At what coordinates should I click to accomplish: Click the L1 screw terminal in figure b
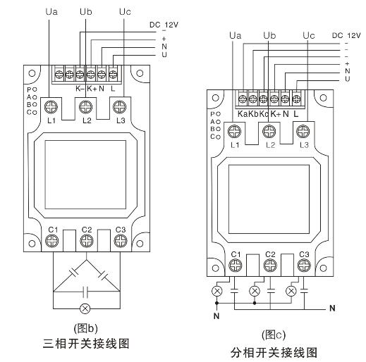pyautogui.click(x=51, y=107)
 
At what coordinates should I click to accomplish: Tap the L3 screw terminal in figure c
pyautogui.click(x=303, y=132)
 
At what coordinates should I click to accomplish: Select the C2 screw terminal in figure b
pyautogui.click(x=87, y=241)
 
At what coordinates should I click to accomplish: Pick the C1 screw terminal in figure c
pyautogui.click(x=236, y=266)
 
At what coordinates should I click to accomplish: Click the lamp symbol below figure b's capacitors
pyautogui.click(x=85, y=308)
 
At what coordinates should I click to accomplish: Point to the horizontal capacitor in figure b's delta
pyautogui.click(x=86, y=292)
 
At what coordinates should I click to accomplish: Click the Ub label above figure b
pyautogui.click(x=86, y=11)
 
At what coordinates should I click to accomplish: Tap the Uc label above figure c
pyautogui.click(x=309, y=35)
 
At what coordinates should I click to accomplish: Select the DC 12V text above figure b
pyautogui.click(x=164, y=25)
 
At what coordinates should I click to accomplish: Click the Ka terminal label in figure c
pyautogui.click(x=243, y=114)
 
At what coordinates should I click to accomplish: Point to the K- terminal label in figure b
pyautogui.click(x=80, y=89)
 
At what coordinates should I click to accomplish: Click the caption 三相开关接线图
pyautogui.click(x=86, y=344)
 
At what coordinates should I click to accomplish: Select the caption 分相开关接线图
pyautogui.click(x=274, y=353)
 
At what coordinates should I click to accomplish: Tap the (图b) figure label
pyautogui.click(x=86, y=328)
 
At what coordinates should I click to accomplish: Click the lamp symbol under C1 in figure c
pyautogui.click(x=216, y=291)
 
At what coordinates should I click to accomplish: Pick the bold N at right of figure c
pyautogui.click(x=332, y=308)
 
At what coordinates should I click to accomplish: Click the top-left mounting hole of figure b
pyautogui.click(x=32, y=73)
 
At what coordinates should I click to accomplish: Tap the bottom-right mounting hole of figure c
pyautogui.click(x=324, y=268)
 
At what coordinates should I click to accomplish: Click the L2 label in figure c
pyautogui.click(x=270, y=145)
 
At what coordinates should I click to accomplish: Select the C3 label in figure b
pyautogui.click(x=121, y=230)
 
